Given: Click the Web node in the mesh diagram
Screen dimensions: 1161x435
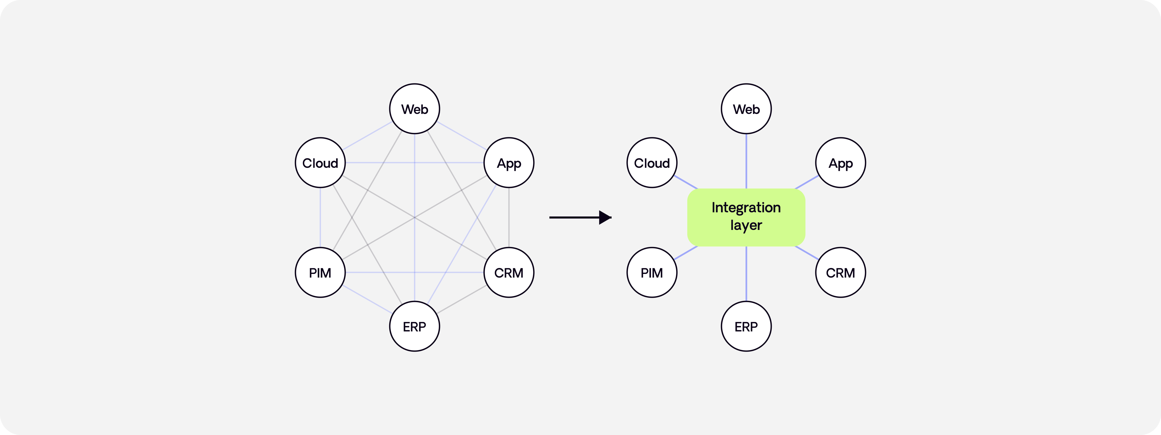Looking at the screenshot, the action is coord(415,109).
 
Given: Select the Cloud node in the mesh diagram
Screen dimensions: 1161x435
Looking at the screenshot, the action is coord(320,163).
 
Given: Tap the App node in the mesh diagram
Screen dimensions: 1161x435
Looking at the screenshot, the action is coord(509,163).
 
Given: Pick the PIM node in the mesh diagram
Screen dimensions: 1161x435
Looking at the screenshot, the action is coord(320,272).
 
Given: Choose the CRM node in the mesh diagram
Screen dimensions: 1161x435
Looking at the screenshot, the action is coord(509,272).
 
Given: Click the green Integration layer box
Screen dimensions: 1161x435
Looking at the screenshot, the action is coord(746,218).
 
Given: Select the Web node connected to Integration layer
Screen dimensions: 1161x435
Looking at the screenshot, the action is coord(746,109).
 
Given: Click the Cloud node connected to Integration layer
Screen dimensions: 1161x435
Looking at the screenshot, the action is coord(652,163).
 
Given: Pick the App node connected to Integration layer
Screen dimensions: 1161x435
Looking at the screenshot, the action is coord(840,163).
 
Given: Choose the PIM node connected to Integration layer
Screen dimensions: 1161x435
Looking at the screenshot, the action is coord(652,272).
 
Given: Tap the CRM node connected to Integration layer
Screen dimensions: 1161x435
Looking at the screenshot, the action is coord(840,272).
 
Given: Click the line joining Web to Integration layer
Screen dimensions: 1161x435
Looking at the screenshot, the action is coord(746,161).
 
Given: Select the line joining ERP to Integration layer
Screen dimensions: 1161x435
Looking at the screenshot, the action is coord(746,274).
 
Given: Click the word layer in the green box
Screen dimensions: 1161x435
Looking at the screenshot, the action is coord(746,226).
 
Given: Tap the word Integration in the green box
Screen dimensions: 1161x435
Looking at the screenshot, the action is coord(746,208).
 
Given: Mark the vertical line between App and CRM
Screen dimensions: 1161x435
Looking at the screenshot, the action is coord(509,218).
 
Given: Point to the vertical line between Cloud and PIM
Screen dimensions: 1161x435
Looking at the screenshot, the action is coord(320,218).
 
